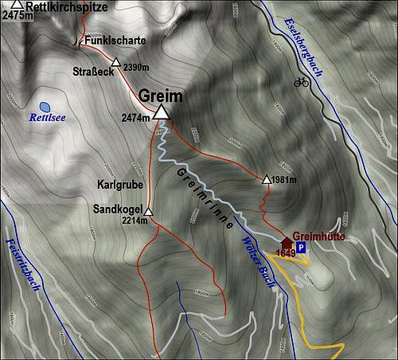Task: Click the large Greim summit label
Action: (161, 96)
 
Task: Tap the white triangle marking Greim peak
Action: (162, 112)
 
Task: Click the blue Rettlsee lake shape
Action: (45, 106)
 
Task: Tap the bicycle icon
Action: (301, 81)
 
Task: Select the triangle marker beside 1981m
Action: (266, 179)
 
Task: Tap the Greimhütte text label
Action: (318, 237)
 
